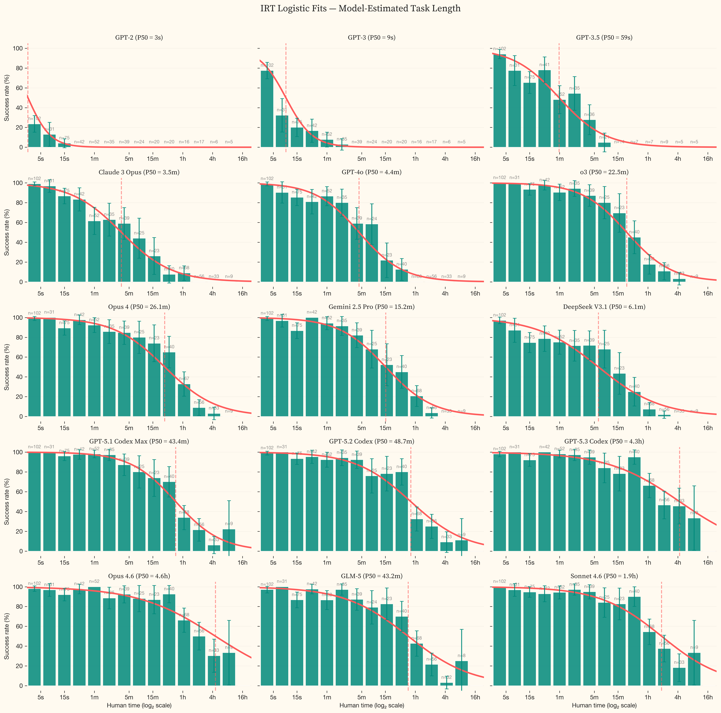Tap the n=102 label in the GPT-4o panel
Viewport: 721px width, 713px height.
(267, 179)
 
